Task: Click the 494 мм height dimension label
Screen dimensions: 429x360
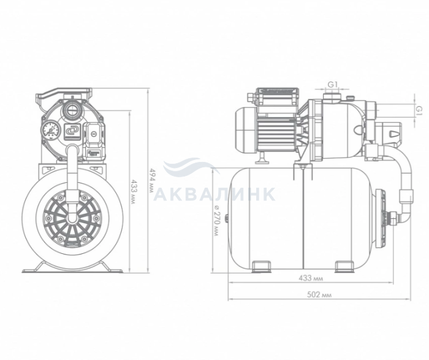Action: (151, 181)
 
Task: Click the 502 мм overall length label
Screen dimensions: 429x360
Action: (319, 294)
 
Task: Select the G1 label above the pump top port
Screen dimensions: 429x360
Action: (332, 85)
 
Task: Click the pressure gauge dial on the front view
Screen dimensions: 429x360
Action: (49, 129)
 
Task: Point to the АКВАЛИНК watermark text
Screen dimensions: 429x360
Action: (214, 194)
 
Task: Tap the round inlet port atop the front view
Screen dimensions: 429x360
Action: (72, 110)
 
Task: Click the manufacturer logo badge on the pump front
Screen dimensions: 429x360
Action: (72, 131)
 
